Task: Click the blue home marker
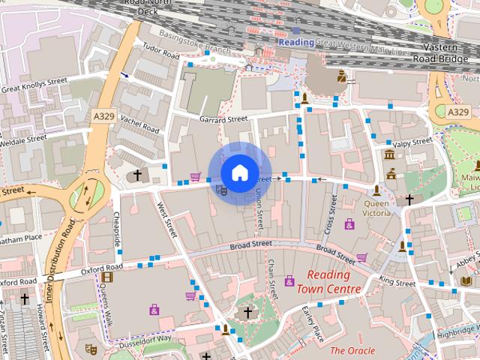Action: coord(239,172)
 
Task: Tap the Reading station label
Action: coord(296,43)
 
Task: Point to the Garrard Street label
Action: coord(223,119)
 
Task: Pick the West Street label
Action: coord(166,218)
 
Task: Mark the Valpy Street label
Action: coord(411,142)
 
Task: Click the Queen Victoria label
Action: coord(378,207)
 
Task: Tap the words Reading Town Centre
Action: coord(328,281)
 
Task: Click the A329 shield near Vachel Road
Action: coord(104,116)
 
